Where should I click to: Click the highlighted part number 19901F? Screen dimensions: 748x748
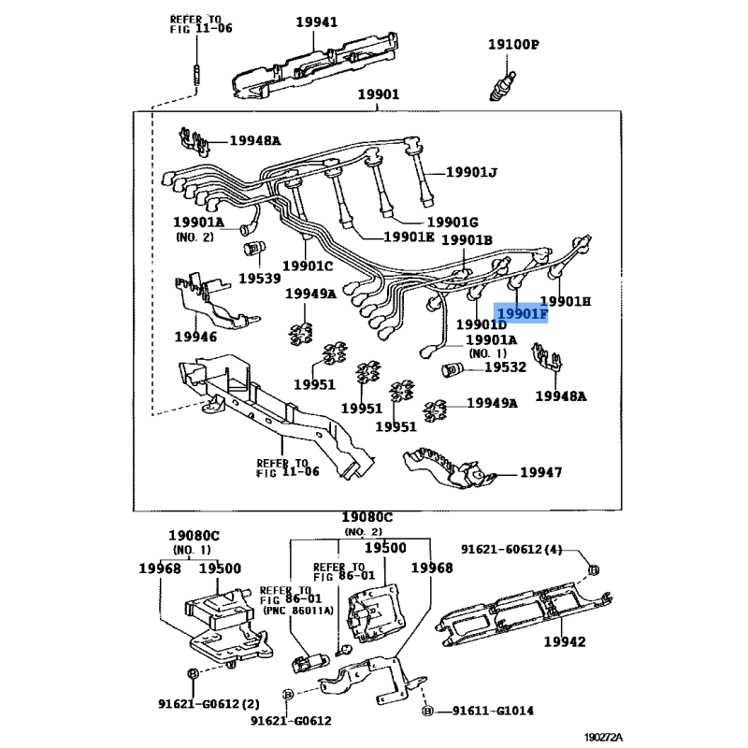click(x=522, y=313)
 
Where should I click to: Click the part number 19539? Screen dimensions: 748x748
click(x=259, y=279)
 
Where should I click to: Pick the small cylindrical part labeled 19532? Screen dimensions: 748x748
click(x=453, y=368)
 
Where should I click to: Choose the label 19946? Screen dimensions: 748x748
click(x=194, y=337)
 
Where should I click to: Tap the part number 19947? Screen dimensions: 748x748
click(x=540, y=473)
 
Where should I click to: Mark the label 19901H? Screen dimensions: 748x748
click(x=567, y=301)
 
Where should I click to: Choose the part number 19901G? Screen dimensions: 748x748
click(x=453, y=222)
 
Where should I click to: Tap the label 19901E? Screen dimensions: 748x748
click(x=409, y=237)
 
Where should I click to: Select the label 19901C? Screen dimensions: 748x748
click(x=309, y=265)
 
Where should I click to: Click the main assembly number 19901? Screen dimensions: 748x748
click(x=378, y=94)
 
